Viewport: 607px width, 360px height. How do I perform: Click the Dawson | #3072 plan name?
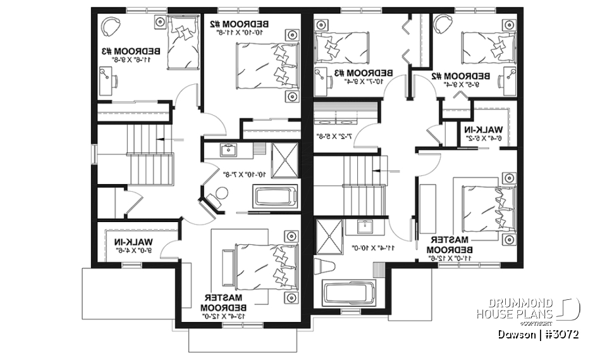tap(538, 333)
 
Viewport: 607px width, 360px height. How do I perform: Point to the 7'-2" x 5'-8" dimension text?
tap(329, 135)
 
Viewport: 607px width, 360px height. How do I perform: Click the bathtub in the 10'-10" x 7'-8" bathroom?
tap(276, 196)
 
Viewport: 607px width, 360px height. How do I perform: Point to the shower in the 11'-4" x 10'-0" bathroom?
tap(329, 235)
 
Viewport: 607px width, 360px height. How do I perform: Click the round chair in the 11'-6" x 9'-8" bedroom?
tap(112, 26)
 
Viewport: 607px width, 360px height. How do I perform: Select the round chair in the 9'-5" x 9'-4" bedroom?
tap(443, 26)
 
